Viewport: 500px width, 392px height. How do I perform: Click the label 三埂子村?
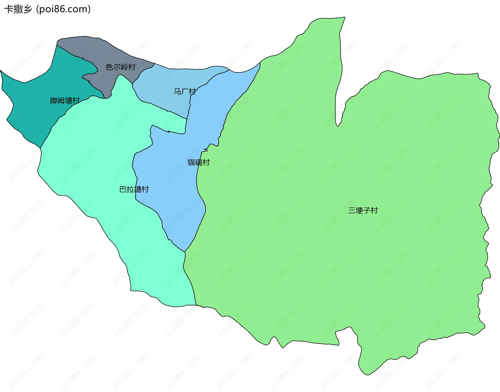click(363, 210)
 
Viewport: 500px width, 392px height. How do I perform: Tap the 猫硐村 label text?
click(198, 162)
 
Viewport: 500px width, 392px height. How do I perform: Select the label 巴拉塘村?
click(134, 189)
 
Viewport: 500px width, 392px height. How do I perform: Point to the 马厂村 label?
click(185, 92)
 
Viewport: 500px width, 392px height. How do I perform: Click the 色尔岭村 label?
click(121, 67)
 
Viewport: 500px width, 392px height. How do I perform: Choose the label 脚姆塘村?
click(65, 101)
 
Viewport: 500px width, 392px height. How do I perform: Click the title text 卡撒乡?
click(18, 9)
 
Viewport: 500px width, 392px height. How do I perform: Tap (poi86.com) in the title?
click(63, 9)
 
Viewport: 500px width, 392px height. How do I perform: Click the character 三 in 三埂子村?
click(352, 210)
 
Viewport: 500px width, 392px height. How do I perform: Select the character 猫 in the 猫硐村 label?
click(191, 162)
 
